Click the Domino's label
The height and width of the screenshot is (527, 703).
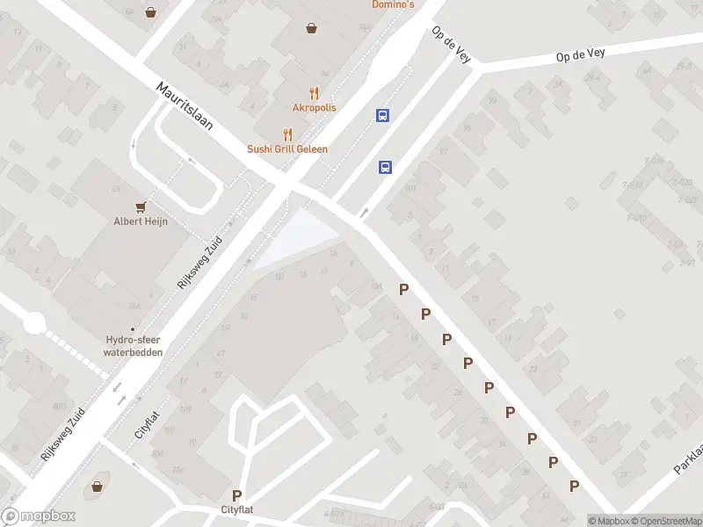coord(391,4)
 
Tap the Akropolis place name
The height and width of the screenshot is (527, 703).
coord(314,108)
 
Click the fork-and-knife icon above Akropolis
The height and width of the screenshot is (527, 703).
coord(314,93)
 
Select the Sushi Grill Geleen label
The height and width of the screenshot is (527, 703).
coord(287,149)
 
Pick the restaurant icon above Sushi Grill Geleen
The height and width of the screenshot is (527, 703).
coord(287,134)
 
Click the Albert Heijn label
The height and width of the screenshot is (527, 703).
coord(140,221)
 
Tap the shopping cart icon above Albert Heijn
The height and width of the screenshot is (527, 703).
coord(140,206)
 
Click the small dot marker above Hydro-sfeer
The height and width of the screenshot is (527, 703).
coord(134,328)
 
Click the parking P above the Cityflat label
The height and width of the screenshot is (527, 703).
coord(236,496)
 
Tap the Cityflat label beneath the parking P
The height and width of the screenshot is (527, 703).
coord(237,510)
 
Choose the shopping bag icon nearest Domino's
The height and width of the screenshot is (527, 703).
coord(311,28)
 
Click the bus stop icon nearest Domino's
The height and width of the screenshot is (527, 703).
coord(383,115)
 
